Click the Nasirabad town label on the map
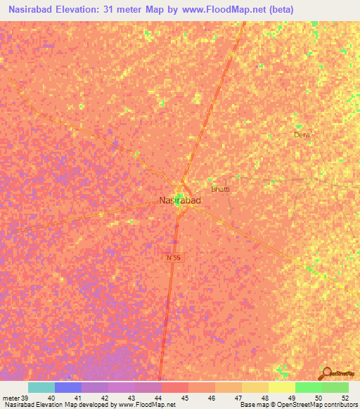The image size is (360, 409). tap(180, 201)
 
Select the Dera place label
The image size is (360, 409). tap(302, 134)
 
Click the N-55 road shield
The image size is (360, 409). tap(174, 259)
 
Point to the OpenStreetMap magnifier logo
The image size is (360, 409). tap(326, 373)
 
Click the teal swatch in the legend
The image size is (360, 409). tap(41, 387)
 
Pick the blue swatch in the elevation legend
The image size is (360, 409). tap(68, 387)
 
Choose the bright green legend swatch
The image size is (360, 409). tap(309, 387)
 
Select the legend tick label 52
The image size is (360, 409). tap(344, 397)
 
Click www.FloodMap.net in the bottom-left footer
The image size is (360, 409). tap(147, 405)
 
